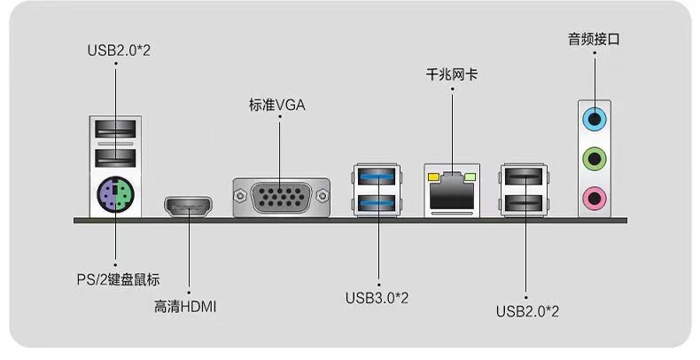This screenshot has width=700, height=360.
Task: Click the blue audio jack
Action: pos(595,119)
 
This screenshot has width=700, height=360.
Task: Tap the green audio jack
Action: pos(595,158)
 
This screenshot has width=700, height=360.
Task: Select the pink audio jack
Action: pos(595,198)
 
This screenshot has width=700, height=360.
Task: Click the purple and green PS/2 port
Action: pos(115,195)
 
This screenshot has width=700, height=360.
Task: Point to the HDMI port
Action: pos(189,207)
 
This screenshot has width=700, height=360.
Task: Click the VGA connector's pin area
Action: pos(281,196)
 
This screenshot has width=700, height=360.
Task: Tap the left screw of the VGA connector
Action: pos(241,196)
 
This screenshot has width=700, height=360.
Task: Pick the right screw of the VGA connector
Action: pos(322,196)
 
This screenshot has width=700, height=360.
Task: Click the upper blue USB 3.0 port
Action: pos(377,176)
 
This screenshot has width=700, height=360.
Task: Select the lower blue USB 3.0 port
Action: pos(377,203)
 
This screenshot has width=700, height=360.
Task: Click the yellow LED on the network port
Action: pos(433,177)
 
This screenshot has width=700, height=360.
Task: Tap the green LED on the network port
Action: pos(471,177)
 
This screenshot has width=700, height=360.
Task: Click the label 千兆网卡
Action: pos(452,74)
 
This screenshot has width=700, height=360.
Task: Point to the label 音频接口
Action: pos(594,39)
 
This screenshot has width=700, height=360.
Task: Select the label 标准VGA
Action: pos(277,106)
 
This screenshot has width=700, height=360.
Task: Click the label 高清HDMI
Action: pos(185,307)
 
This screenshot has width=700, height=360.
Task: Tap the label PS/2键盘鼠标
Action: pos(119,280)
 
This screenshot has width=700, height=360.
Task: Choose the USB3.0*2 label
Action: pos(377,297)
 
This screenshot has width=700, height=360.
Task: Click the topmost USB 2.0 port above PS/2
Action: pos(115,129)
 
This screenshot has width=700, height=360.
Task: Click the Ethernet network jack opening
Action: pos(452,192)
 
